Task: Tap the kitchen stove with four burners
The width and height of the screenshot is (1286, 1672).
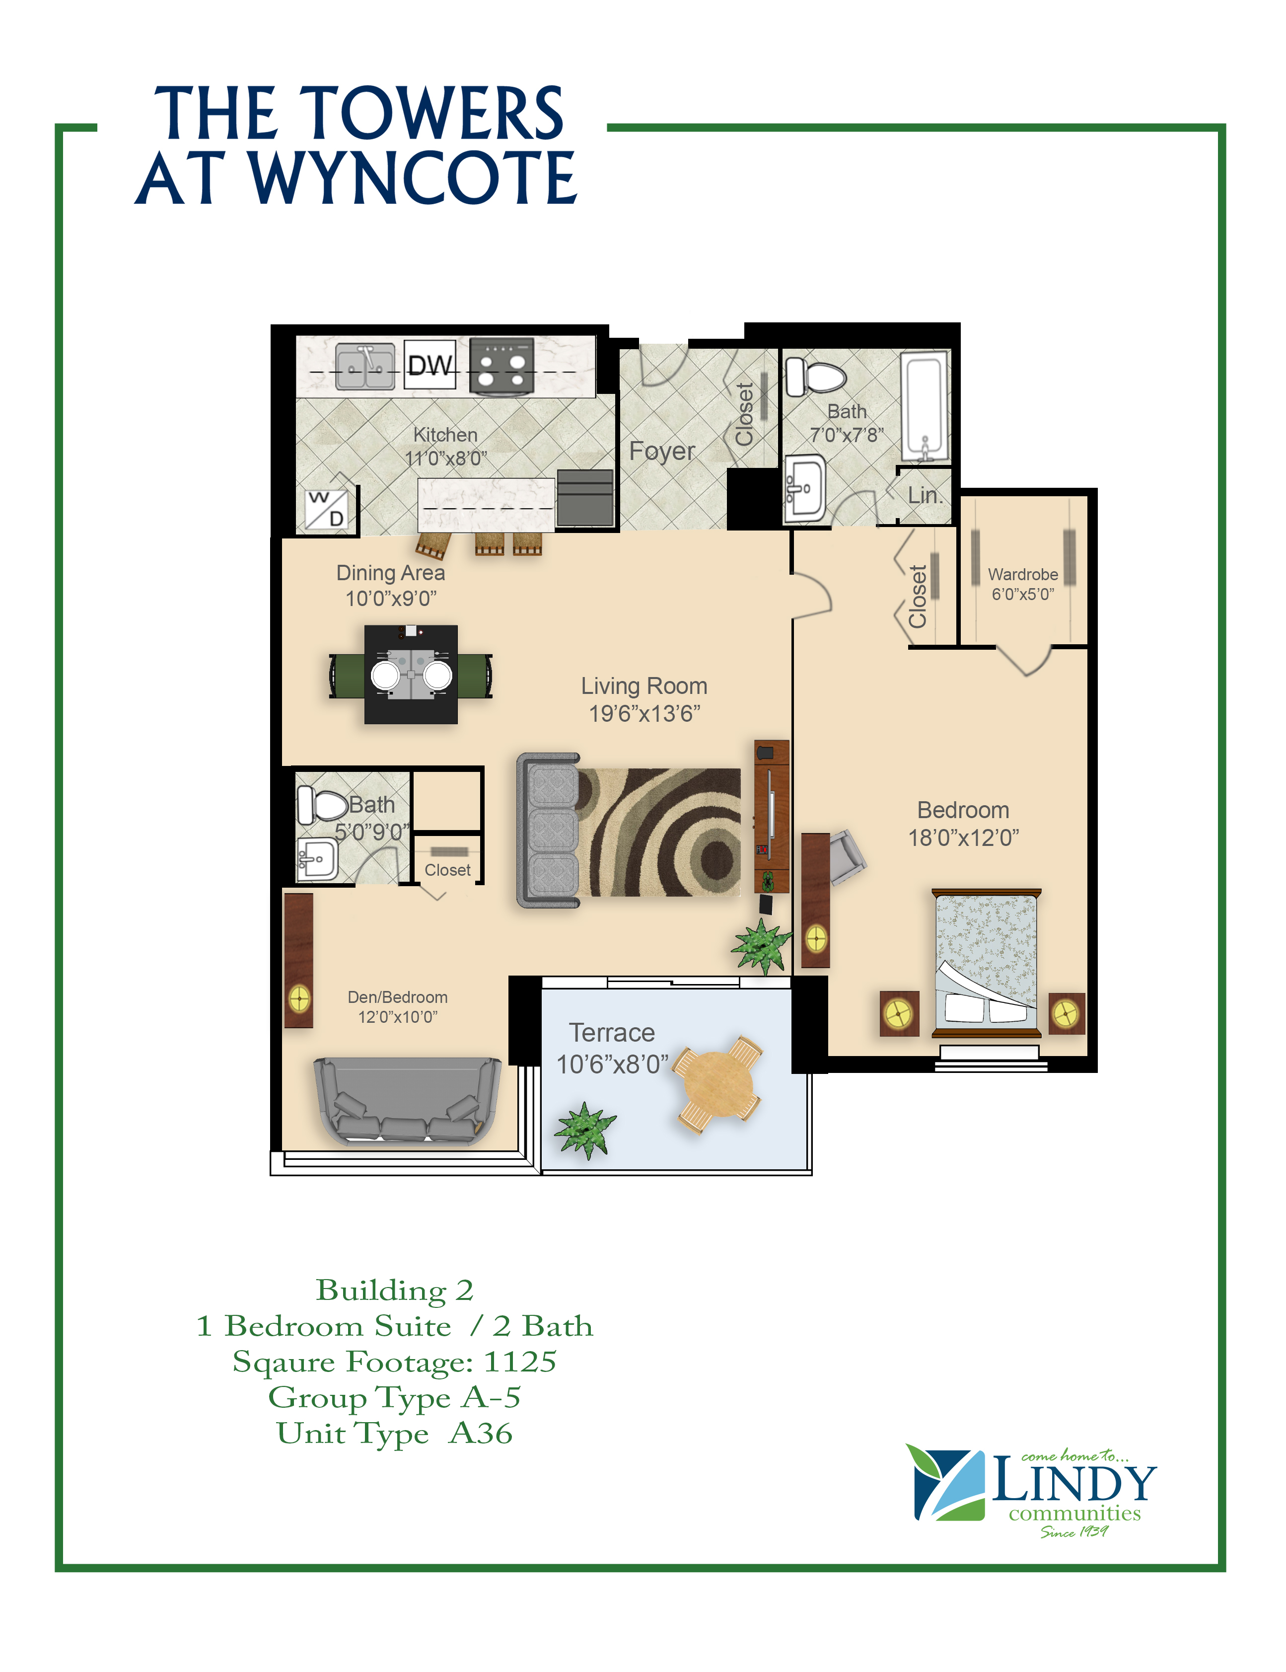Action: (501, 367)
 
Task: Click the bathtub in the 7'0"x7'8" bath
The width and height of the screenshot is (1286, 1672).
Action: (924, 407)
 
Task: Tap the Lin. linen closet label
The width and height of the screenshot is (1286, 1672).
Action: (924, 495)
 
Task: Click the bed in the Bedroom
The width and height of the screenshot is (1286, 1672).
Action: (986, 963)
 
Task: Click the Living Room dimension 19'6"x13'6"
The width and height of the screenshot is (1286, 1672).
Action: (644, 713)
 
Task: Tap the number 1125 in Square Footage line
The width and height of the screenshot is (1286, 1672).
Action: (520, 1362)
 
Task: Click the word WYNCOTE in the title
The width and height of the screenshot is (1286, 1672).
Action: (413, 178)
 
